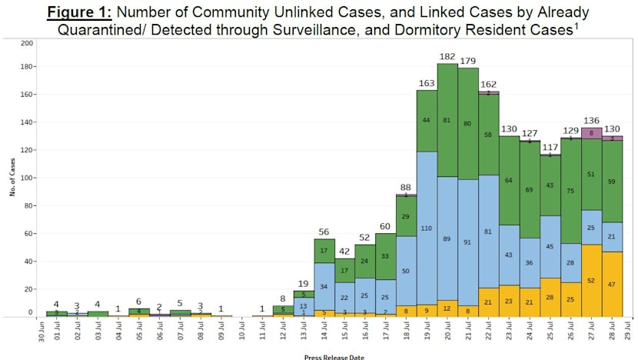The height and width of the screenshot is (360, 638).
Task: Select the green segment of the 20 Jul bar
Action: pos(447,120)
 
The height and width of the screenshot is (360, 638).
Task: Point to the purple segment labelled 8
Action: pos(592,133)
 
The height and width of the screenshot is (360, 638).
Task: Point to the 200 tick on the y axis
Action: pos(27,43)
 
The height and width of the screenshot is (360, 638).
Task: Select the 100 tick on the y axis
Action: pos(27,178)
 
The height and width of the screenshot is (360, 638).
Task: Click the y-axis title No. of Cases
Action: pos(13,179)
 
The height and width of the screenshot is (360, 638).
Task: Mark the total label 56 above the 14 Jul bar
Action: pos(324,231)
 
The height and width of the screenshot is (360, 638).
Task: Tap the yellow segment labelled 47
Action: pos(613,284)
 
